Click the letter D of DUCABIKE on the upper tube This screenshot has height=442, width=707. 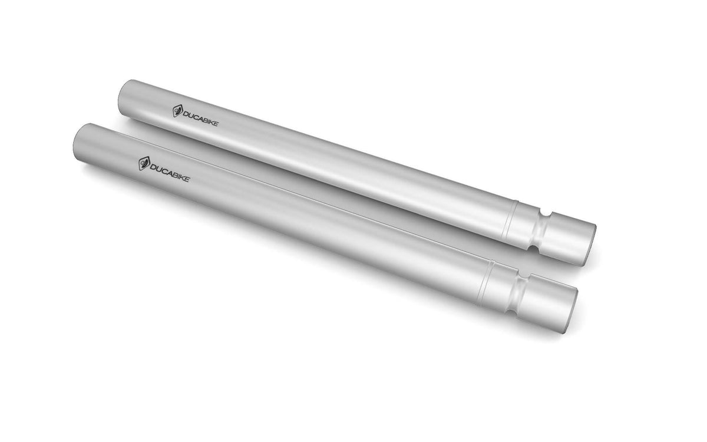(x=186, y=113)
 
